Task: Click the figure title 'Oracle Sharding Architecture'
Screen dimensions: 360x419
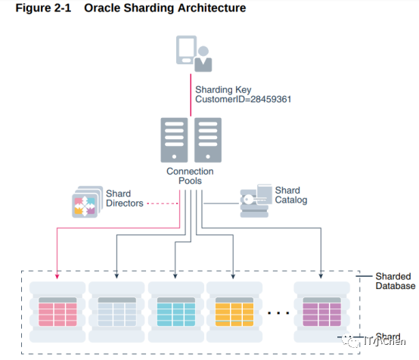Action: [165, 9]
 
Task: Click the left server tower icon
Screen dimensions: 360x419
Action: [175, 141]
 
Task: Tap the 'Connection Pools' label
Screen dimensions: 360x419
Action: [190, 177]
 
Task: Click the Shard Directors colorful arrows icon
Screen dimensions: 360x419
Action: [86, 203]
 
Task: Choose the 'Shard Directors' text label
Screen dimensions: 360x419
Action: [124, 199]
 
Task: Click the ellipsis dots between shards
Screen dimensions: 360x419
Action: [278, 312]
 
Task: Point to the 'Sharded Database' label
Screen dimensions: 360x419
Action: [395, 281]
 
